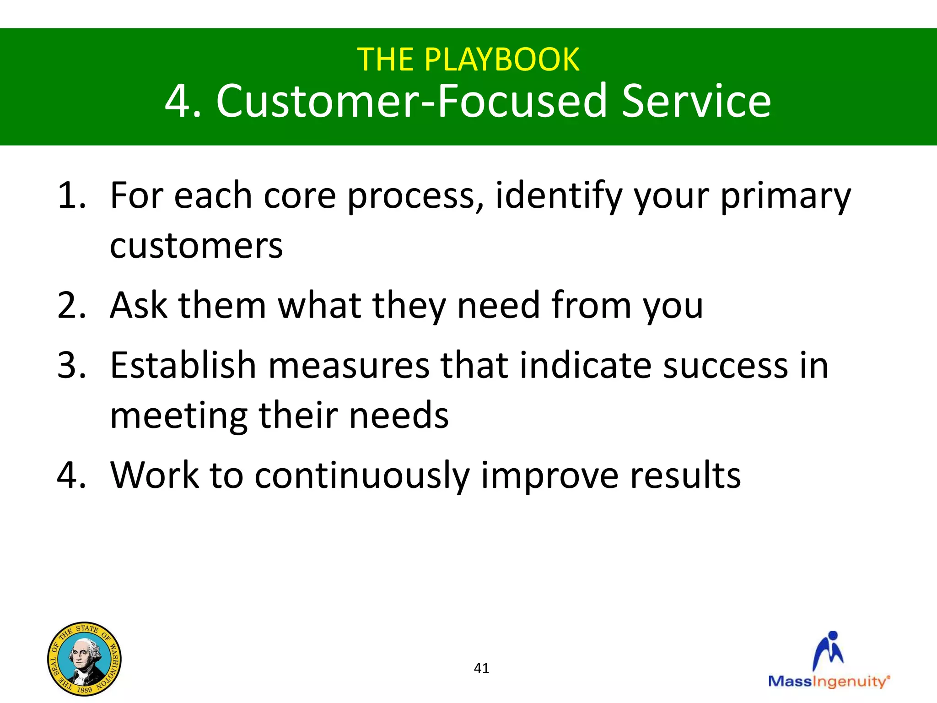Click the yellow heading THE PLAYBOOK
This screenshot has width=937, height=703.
pos(468,59)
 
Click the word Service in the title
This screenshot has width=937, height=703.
pos(696,101)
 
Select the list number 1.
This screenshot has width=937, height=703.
pos(71,196)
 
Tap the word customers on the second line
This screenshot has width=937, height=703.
pos(196,246)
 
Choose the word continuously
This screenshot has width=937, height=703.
pos(362,476)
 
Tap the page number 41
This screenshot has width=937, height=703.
pos(481,668)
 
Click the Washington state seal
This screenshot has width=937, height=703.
pos(85,659)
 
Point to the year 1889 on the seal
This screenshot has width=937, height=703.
pos(84,689)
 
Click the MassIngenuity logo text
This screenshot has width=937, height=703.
pos(828,681)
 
